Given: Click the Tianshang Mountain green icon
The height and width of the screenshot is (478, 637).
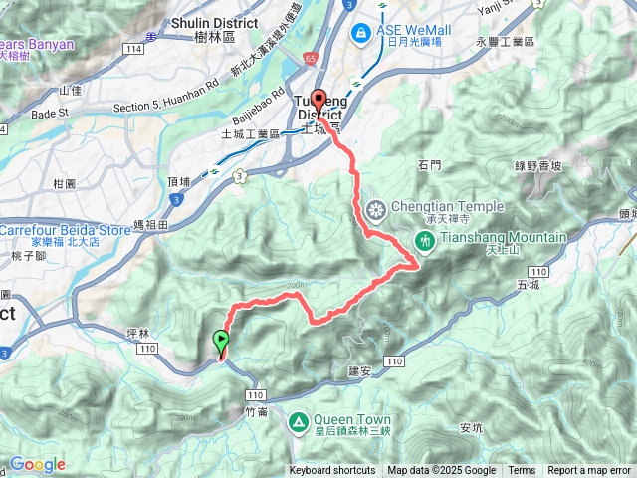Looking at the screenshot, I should [424, 240].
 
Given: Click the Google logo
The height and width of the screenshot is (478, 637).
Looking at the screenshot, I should [37, 464].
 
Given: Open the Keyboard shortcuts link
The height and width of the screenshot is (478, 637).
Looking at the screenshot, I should [332, 471].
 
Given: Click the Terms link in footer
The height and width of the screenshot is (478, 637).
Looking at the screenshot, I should [522, 471].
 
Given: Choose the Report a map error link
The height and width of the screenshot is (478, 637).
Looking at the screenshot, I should [590, 471].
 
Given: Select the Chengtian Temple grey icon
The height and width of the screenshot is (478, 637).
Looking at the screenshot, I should [376, 209].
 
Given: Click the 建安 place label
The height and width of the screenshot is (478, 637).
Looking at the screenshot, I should [359, 370].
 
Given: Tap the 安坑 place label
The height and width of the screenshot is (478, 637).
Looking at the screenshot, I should [471, 428].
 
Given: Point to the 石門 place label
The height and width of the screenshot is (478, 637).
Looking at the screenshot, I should [430, 164].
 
